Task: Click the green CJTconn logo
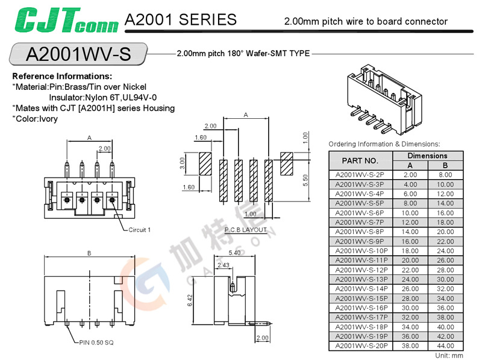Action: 64,20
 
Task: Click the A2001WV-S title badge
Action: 78,55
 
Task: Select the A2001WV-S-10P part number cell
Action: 360,250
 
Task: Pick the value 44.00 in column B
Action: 445,346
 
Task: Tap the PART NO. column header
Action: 360,160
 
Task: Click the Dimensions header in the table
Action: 427,156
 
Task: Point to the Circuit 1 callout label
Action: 139,229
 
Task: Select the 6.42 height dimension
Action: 190,299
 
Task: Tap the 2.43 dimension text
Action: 223,265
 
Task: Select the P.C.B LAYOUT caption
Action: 245,230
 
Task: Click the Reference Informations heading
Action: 62,77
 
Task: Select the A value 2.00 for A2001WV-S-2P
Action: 410,174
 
